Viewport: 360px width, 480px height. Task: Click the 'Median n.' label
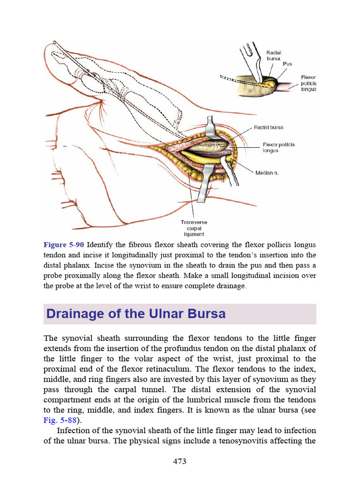click(267, 173)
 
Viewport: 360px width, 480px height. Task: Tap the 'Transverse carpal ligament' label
click(194, 228)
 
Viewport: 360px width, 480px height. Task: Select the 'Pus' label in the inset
click(287, 64)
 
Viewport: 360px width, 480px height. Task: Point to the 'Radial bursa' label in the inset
click(273, 56)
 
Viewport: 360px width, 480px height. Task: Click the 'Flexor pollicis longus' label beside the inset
click(308, 83)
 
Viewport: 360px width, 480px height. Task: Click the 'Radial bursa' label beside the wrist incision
click(269, 127)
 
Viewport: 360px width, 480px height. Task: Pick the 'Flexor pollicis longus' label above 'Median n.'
click(278, 148)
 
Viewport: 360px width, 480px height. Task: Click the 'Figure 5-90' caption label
click(64, 245)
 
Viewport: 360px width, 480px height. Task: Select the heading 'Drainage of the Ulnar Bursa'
click(135, 314)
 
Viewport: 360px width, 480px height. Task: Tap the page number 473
click(180, 461)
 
